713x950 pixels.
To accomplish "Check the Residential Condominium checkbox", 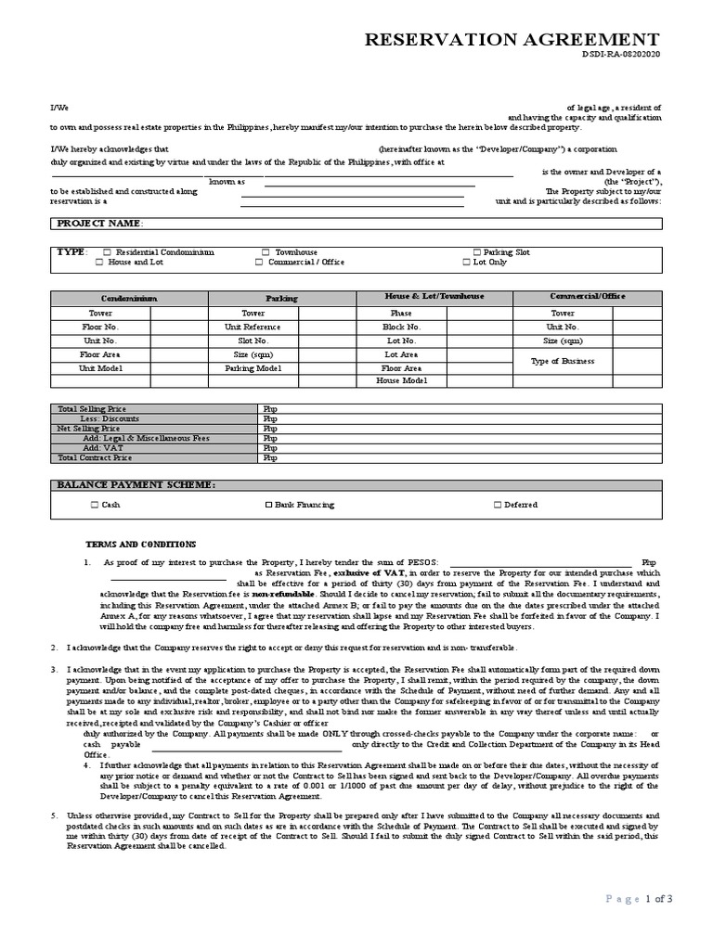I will [108, 252].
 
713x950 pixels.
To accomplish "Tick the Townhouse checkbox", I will [266, 252].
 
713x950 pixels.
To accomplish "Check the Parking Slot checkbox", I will [477, 252].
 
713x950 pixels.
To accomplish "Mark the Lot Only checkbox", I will [467, 263].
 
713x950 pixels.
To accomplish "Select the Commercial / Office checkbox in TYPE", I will [260, 263].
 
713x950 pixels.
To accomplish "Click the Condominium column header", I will [129, 299].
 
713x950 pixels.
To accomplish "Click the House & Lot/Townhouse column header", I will [434, 297].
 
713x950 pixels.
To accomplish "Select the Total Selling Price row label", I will [92, 409].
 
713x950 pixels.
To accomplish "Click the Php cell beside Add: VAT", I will [271, 448].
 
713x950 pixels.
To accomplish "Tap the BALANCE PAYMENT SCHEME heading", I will [136, 485].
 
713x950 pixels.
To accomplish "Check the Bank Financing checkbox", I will [269, 505].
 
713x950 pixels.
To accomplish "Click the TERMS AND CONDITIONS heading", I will [140, 544].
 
